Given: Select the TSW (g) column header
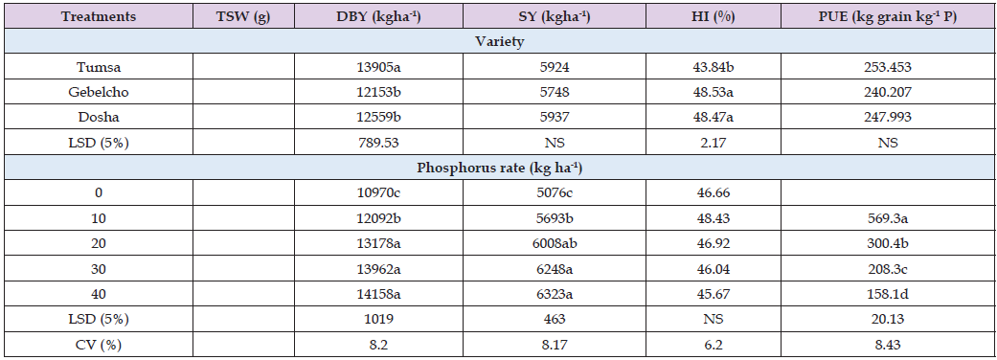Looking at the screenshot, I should tap(238, 17).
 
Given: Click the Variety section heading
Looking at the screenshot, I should tap(498, 42).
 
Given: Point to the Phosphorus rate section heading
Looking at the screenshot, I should tap(498, 167).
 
